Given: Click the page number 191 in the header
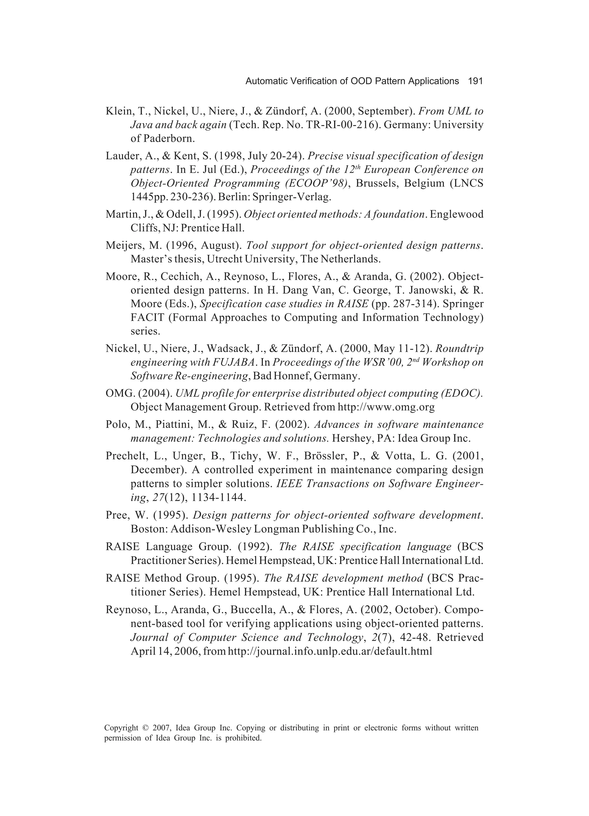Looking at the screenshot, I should tap(475, 81).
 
